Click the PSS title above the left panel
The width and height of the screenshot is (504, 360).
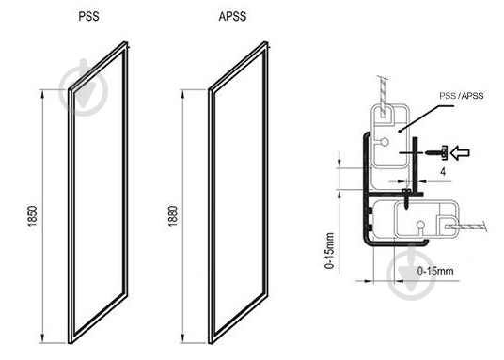coord(88,16)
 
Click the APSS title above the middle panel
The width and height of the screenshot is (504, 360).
coord(232,16)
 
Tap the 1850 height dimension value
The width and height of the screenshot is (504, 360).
coord(32,216)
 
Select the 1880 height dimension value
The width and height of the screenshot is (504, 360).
coord(173,216)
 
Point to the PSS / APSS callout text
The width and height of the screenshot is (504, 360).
coord(462,96)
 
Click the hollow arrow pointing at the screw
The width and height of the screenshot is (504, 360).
coord(460,152)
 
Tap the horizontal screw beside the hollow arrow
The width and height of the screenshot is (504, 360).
coord(436,152)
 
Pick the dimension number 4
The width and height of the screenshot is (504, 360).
coord(443,172)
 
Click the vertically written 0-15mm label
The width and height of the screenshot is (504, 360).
coord(329,251)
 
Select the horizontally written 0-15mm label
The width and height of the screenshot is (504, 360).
coord(435,272)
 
